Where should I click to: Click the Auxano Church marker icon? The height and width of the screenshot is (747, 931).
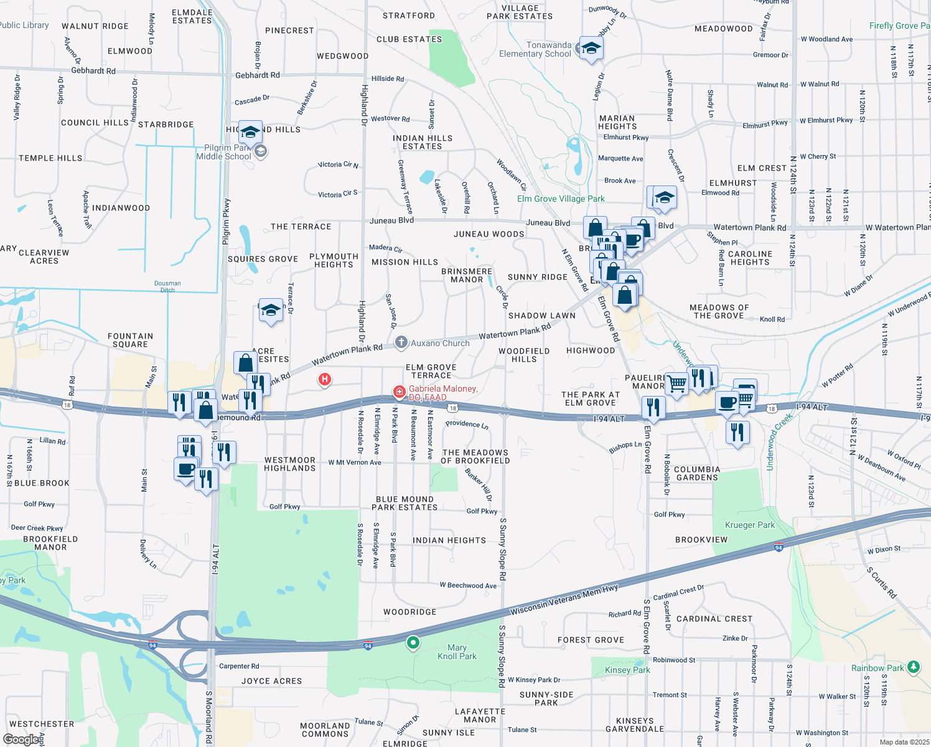(x=401, y=342)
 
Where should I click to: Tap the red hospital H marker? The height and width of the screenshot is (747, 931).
(x=324, y=378)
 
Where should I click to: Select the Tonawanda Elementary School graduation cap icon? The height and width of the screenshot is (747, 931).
(x=591, y=48)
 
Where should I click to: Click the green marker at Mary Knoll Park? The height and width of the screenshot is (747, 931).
(x=413, y=642)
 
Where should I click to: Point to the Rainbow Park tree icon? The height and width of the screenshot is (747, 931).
(x=913, y=667)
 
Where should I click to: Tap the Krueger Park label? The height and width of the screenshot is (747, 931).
(x=750, y=525)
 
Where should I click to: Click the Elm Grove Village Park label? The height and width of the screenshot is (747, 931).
(x=561, y=199)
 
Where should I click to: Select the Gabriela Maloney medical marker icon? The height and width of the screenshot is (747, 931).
(x=399, y=392)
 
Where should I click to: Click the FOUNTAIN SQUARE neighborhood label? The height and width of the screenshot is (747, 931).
(x=130, y=340)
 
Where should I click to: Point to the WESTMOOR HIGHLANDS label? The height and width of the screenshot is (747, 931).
(x=290, y=464)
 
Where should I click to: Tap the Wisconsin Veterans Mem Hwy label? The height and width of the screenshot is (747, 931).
(x=564, y=599)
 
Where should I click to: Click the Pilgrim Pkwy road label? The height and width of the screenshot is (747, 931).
(x=227, y=221)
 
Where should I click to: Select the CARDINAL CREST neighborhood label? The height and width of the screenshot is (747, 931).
(x=714, y=619)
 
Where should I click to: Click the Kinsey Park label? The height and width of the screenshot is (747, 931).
(x=627, y=670)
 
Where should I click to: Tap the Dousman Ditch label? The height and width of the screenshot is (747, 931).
(x=167, y=286)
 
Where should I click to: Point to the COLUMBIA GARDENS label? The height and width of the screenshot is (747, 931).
(x=697, y=473)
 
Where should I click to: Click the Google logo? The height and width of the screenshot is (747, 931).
(x=21, y=739)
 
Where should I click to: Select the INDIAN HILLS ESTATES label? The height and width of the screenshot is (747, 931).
(x=423, y=142)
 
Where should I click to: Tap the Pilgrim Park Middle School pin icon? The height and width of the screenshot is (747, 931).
(x=261, y=151)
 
